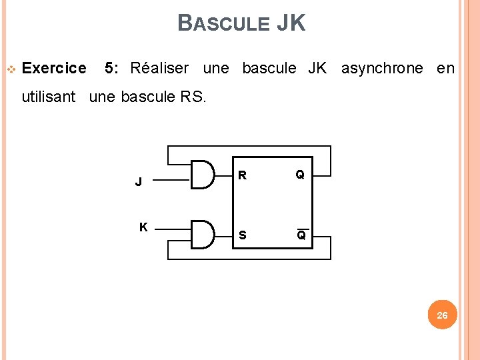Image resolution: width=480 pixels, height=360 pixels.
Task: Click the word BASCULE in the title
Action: (x=223, y=24)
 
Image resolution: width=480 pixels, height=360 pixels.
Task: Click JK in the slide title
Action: (x=291, y=23)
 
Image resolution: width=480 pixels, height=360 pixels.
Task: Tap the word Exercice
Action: (x=54, y=68)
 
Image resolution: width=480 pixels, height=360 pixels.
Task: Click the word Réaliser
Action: (x=159, y=68)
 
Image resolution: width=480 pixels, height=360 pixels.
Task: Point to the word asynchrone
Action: (x=382, y=68)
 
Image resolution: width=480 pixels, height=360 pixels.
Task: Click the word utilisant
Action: (x=49, y=97)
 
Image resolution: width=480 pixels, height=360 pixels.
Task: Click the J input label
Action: (x=138, y=181)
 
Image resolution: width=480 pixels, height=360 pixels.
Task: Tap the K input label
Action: (x=143, y=227)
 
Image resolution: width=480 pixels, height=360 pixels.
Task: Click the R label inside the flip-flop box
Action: (x=243, y=176)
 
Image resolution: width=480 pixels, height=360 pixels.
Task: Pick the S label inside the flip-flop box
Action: (x=243, y=235)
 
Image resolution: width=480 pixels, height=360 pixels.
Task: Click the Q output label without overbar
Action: (x=301, y=175)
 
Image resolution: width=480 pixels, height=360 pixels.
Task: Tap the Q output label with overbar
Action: (x=301, y=235)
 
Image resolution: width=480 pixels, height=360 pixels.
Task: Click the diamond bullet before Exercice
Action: (x=11, y=69)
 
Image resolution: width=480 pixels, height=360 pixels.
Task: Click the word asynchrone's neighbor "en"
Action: (x=445, y=68)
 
